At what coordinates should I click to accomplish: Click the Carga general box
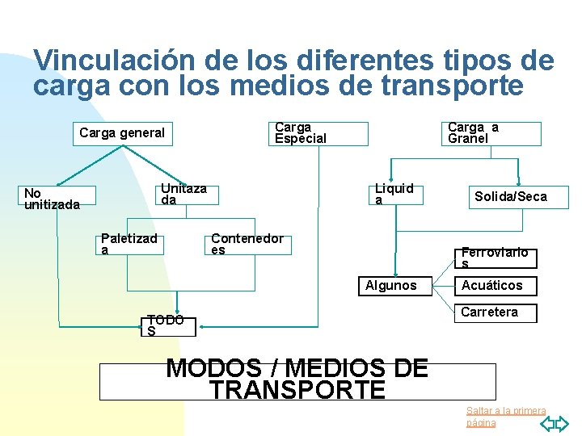tap(122, 133)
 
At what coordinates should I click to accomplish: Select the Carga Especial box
tap(318, 133)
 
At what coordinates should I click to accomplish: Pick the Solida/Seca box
tap(510, 196)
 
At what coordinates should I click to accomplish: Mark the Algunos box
tap(391, 285)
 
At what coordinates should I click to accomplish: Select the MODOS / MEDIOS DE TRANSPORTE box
tap(297, 380)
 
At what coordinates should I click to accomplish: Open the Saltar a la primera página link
tap(506, 417)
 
